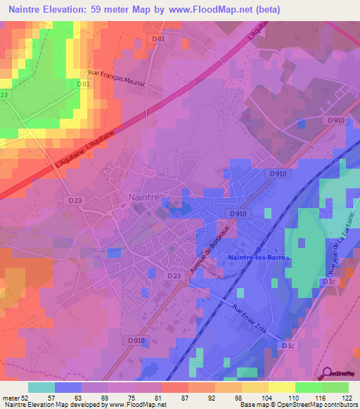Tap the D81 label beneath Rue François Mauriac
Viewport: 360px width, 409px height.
click(84, 84)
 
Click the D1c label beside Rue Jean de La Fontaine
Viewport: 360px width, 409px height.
click(328, 282)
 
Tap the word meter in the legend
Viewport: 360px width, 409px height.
click(11, 397)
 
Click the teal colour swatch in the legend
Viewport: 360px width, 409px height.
click(41, 387)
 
